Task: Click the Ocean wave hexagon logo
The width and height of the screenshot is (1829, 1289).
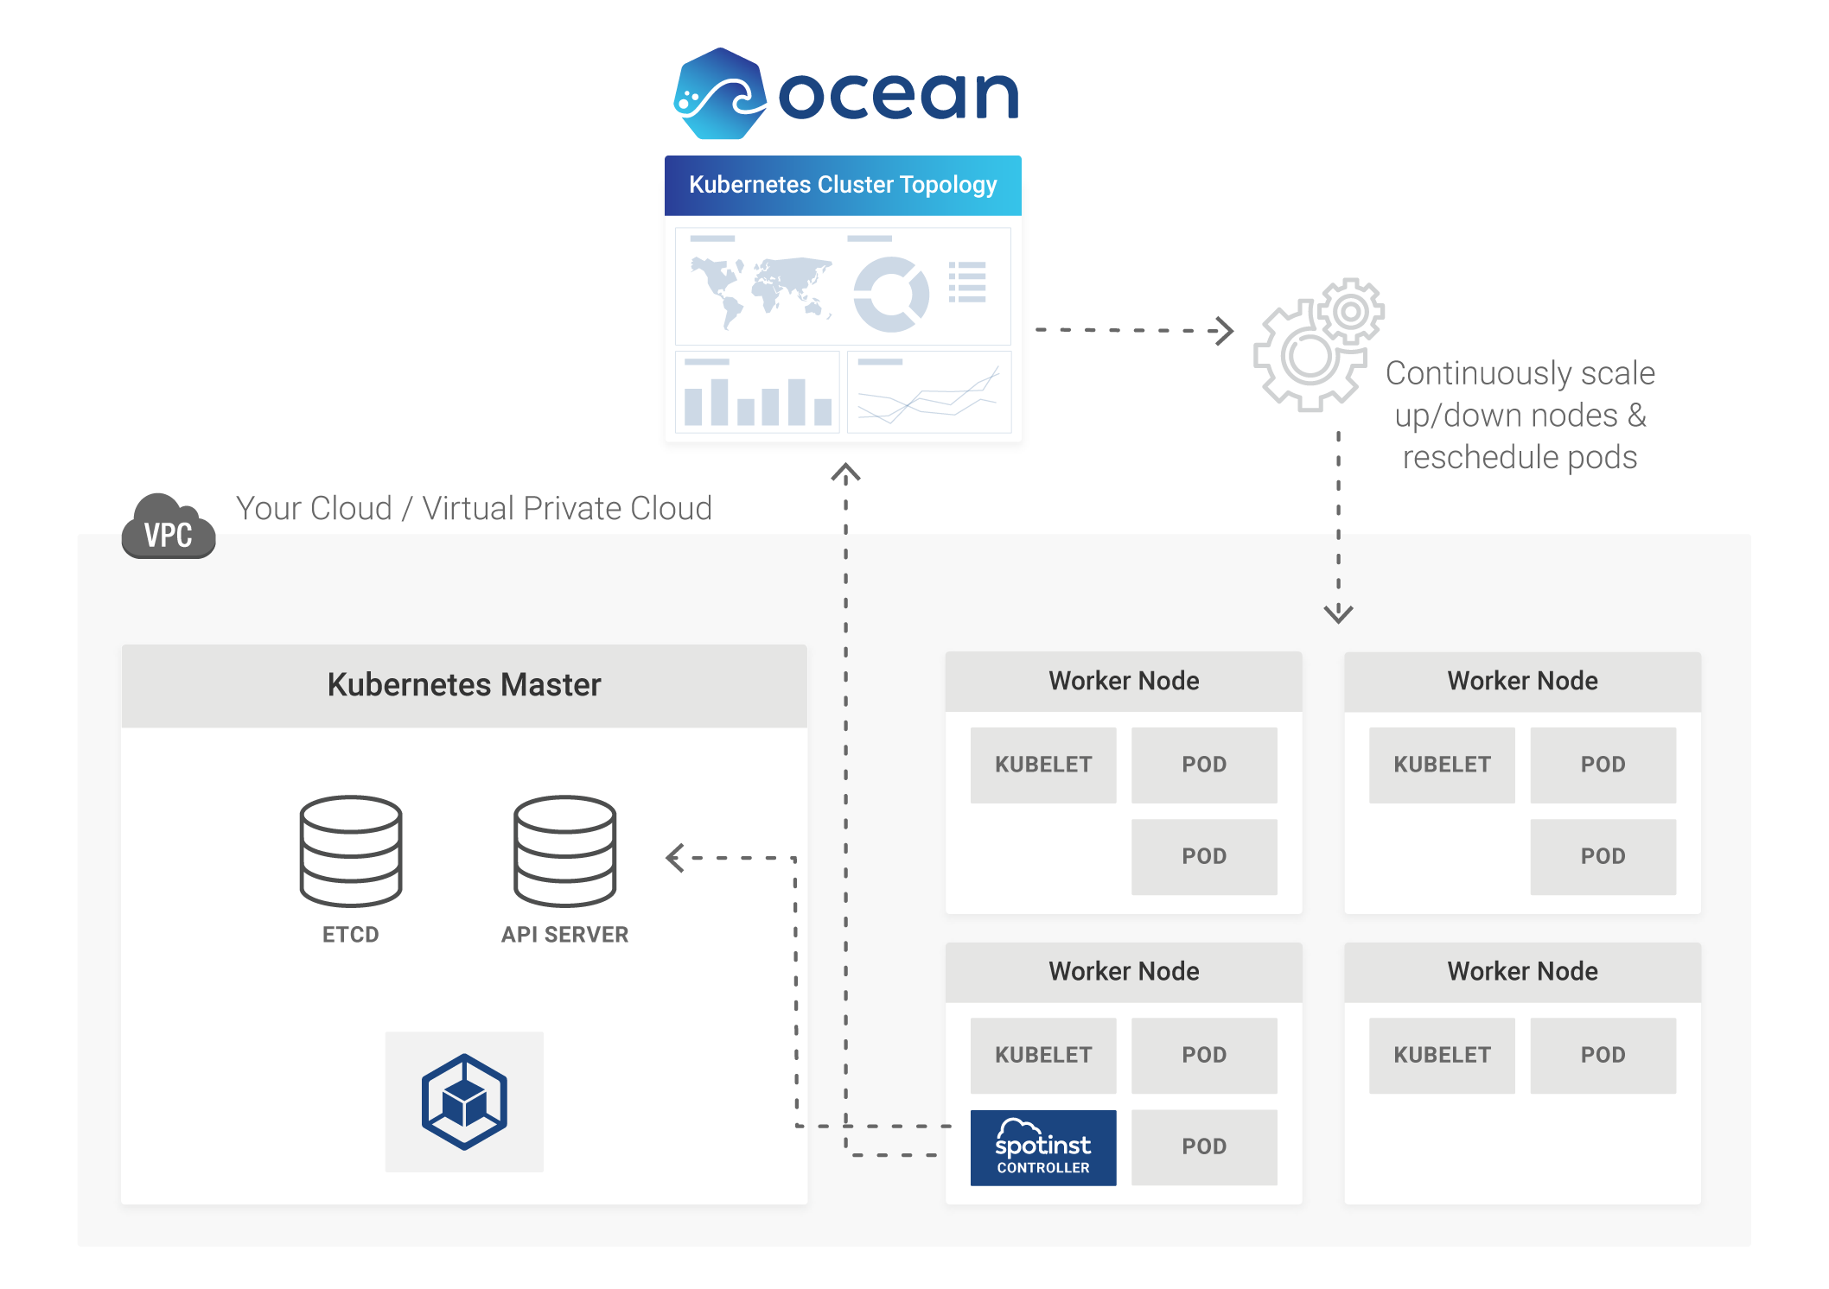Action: click(719, 93)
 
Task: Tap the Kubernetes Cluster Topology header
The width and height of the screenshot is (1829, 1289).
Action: click(843, 185)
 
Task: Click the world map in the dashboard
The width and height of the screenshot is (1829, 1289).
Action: click(761, 289)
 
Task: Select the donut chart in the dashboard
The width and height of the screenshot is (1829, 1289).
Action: click(891, 294)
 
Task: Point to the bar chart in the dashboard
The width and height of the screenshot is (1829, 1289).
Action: click(757, 396)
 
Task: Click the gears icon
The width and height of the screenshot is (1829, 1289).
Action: click(1317, 346)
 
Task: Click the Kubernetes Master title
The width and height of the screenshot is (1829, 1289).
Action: click(464, 685)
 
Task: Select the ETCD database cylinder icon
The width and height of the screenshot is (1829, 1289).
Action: click(351, 851)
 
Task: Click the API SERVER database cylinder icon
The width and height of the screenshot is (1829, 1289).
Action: click(565, 851)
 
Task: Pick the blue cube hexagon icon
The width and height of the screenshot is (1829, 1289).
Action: click(464, 1102)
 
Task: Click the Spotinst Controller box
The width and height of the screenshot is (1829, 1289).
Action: click(1043, 1147)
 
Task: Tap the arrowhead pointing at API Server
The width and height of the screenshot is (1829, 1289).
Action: click(675, 858)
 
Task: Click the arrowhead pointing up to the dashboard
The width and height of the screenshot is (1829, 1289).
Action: click(845, 473)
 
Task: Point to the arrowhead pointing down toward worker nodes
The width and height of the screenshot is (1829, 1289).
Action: click(1338, 614)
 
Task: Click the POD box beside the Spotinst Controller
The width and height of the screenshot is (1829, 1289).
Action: click(1204, 1147)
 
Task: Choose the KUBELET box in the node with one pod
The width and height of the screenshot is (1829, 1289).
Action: click(1442, 1055)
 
